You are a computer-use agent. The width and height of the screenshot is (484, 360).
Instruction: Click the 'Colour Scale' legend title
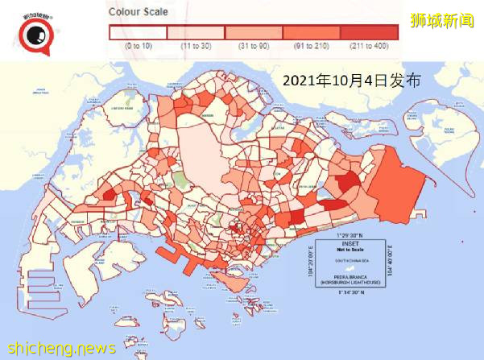click(x=138, y=13)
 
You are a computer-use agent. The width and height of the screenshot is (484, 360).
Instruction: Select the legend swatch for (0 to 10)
click(x=137, y=32)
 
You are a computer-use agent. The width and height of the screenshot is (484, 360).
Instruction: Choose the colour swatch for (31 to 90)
click(x=254, y=32)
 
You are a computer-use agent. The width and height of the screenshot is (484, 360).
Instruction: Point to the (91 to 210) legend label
click(x=312, y=46)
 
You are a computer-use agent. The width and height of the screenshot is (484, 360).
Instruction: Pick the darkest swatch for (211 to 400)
click(x=369, y=32)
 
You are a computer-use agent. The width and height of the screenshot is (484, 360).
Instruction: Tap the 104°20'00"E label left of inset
click(x=311, y=263)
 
